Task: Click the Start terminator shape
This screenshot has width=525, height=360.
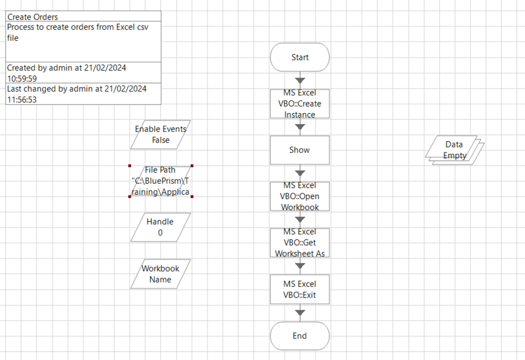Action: click(x=300, y=57)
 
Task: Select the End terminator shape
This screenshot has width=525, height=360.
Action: click(x=300, y=336)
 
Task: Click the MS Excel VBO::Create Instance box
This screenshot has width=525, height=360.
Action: click(x=300, y=104)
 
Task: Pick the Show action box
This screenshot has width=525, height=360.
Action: click(x=300, y=150)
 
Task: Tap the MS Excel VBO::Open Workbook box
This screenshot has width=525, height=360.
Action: click(x=300, y=196)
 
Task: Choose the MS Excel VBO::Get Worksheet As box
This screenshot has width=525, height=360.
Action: click(x=300, y=242)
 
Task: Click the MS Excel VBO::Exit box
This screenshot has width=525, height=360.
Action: click(x=300, y=289)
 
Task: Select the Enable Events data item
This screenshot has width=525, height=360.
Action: click(x=160, y=134)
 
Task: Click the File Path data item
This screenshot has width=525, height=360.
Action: click(x=160, y=181)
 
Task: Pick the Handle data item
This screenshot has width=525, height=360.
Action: click(x=160, y=227)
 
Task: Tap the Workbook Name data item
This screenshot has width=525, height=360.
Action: click(x=160, y=274)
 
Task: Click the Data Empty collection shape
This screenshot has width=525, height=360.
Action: click(x=454, y=150)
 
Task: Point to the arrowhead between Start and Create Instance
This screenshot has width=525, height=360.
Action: click(x=300, y=80)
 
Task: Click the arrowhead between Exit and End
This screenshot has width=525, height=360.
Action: click(x=300, y=313)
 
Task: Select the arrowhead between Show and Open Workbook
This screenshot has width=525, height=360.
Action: click(x=300, y=173)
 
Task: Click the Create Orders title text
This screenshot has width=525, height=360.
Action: click(x=33, y=17)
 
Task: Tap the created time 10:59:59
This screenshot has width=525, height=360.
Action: click(x=22, y=78)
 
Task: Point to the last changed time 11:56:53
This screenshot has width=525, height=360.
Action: click(x=22, y=99)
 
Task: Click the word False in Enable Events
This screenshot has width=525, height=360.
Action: click(x=161, y=140)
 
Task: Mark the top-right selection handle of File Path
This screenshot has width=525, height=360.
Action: click(x=192, y=166)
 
